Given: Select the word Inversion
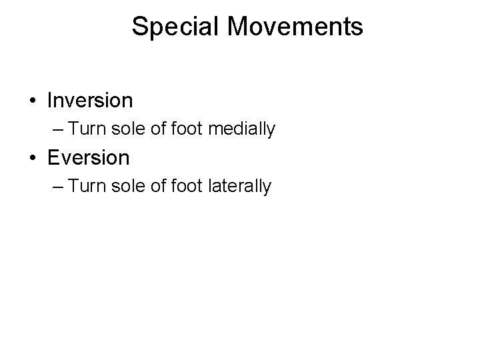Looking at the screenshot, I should [x=90, y=101].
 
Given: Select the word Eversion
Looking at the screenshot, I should [x=89, y=158].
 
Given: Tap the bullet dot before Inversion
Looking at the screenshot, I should [x=33, y=101].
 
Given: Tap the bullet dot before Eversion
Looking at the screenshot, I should [x=33, y=159].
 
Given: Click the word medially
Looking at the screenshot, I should [x=242, y=129].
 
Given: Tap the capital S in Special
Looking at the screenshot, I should [x=139, y=27].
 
